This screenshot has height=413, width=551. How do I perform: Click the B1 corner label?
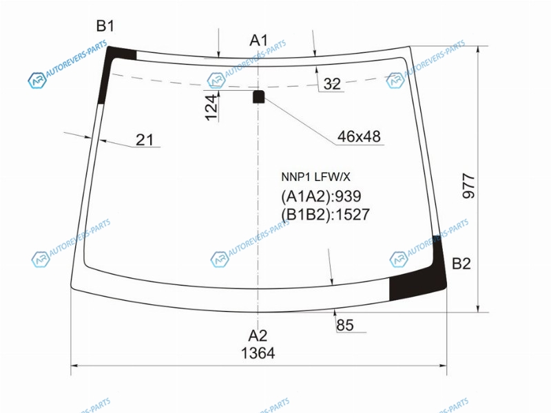point(105,26)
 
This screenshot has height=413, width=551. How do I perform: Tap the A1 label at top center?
point(259,41)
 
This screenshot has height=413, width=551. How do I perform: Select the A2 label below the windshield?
point(258,336)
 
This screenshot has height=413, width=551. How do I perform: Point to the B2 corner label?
point(461,264)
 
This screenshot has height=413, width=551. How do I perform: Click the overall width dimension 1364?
point(258,353)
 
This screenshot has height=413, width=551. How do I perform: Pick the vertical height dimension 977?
point(469,186)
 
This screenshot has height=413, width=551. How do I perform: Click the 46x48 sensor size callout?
point(359,136)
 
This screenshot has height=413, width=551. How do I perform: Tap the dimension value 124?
point(211,107)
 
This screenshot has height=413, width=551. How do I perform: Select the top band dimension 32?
point(332,84)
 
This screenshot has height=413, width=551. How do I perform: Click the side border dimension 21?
point(145,140)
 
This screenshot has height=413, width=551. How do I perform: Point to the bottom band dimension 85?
point(345,325)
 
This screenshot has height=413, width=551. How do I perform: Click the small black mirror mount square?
point(259,96)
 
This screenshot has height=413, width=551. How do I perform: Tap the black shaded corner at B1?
point(112,67)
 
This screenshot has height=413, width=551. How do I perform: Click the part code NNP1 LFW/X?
point(315,177)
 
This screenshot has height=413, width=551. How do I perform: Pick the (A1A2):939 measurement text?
point(321,196)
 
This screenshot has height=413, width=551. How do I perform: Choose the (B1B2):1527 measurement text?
point(325,215)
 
